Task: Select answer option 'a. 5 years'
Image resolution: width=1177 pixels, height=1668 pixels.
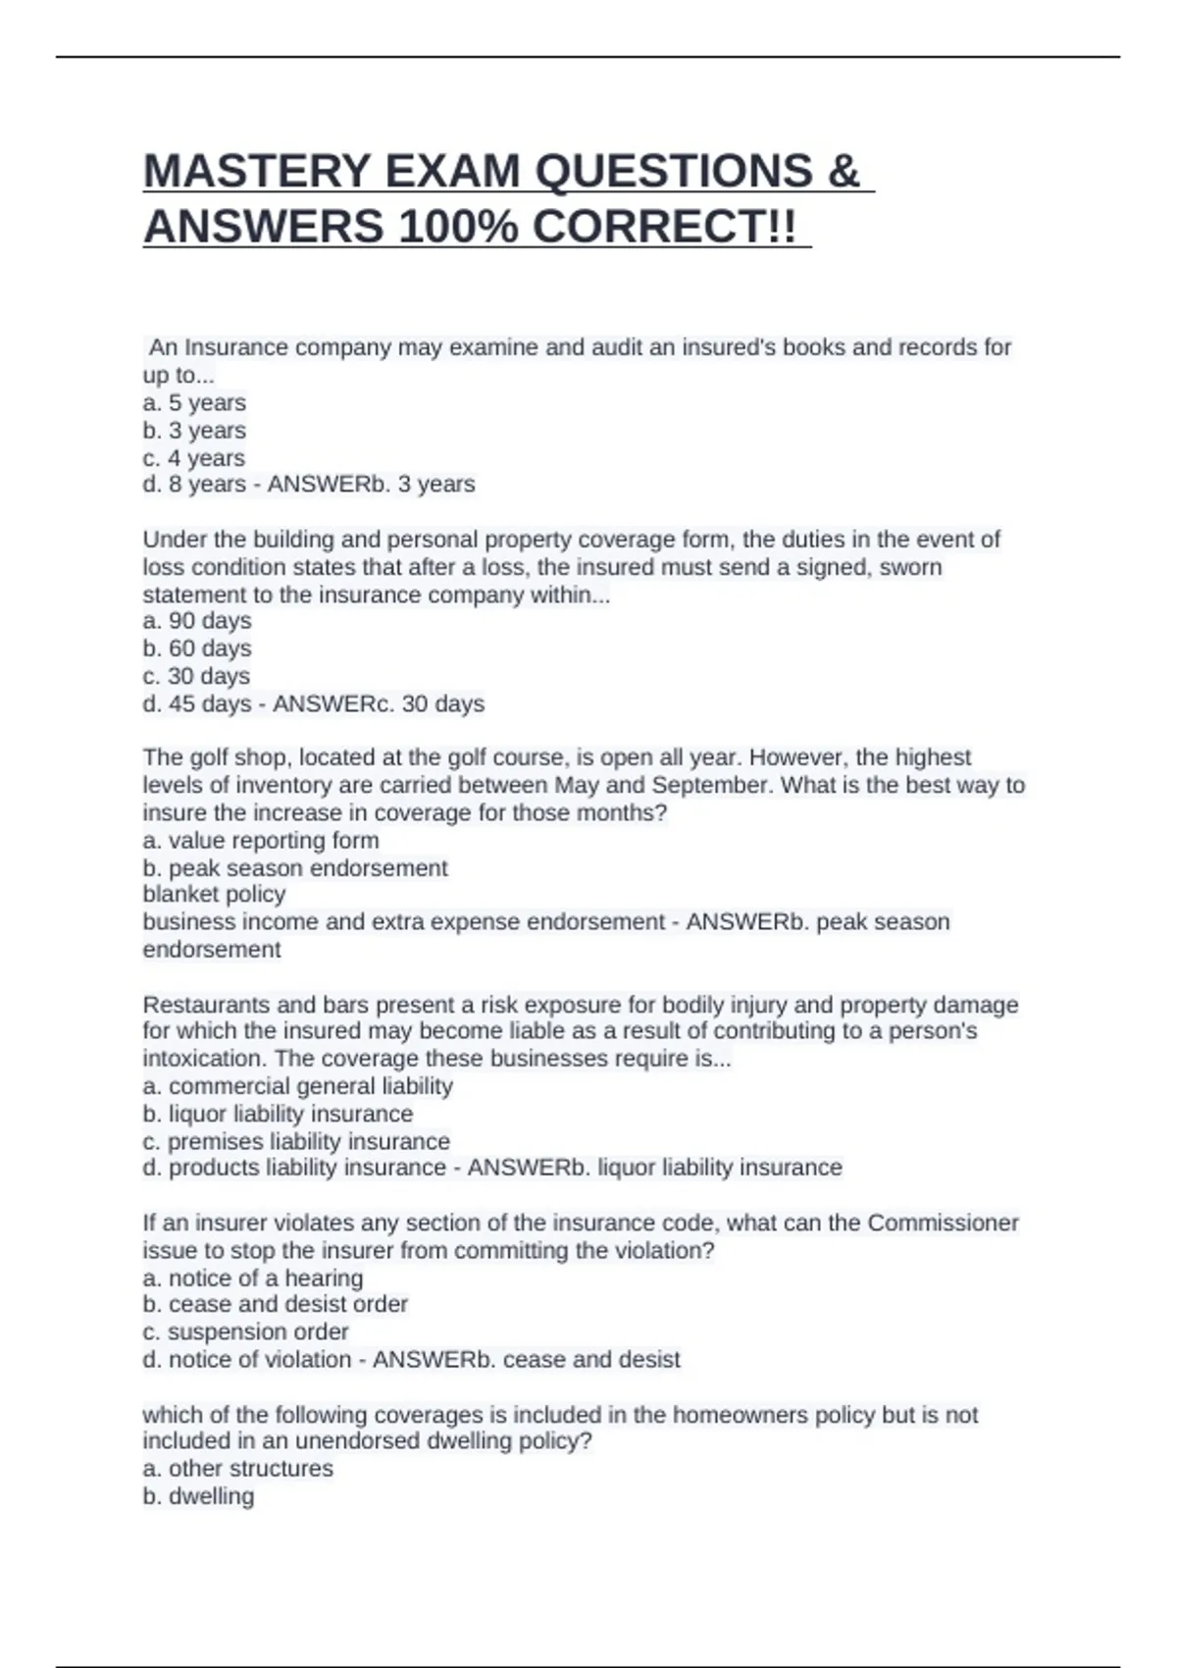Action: coord(194,402)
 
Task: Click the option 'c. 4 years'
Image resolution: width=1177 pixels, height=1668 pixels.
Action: coord(194,457)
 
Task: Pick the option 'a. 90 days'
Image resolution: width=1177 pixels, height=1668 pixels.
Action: coord(197,620)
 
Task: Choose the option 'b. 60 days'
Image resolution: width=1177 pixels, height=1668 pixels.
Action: coord(197,648)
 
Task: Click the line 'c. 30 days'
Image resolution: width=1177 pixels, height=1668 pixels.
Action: coord(196,675)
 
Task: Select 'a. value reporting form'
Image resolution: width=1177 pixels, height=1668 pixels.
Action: coord(261,840)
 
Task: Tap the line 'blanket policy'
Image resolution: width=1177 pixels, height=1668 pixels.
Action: coord(214,894)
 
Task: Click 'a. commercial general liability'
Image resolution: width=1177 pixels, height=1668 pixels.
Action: coord(298,1085)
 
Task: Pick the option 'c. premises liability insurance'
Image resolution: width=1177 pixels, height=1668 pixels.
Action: coord(296,1141)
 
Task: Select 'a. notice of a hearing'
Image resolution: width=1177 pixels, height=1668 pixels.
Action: coord(253,1277)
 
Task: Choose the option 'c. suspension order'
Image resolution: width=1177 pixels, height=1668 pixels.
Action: coord(246,1331)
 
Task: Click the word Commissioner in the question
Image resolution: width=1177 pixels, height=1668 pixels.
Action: coord(943,1223)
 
